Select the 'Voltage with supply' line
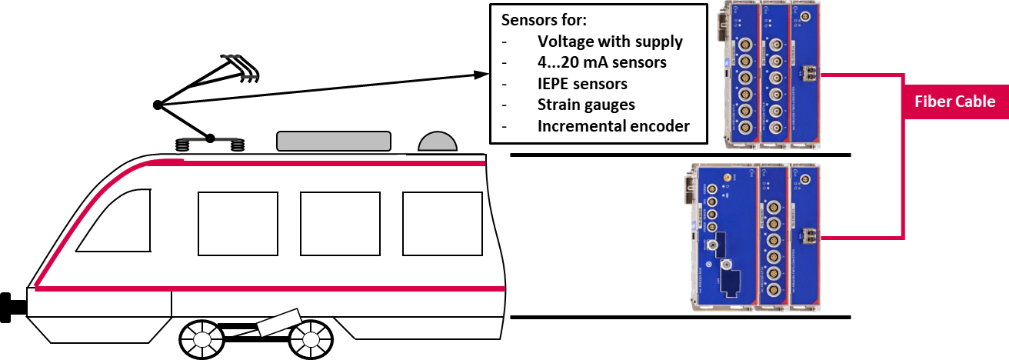click(x=610, y=41)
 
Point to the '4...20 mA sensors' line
click(x=601, y=62)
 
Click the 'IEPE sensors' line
click(x=582, y=83)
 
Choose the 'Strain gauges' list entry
click(x=586, y=105)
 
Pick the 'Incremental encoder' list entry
click(x=613, y=125)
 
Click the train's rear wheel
click(x=311, y=338)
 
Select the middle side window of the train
click(x=340, y=223)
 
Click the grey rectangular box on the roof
click(x=333, y=140)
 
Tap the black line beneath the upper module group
click(x=680, y=155)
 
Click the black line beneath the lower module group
click(x=680, y=317)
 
